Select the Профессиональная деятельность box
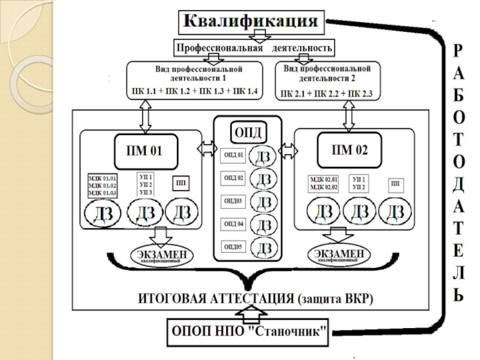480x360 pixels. pyautogui.click(x=253, y=47)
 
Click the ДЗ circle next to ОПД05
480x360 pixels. pyautogui.click(x=263, y=247)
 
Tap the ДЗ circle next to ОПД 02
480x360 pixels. pyautogui.click(x=263, y=178)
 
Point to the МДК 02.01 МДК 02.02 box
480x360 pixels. pyautogui.click(x=324, y=183)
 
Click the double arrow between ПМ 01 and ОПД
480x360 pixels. pyautogui.click(x=207, y=148)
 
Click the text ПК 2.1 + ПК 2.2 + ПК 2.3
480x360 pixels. pyautogui.click(x=326, y=94)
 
